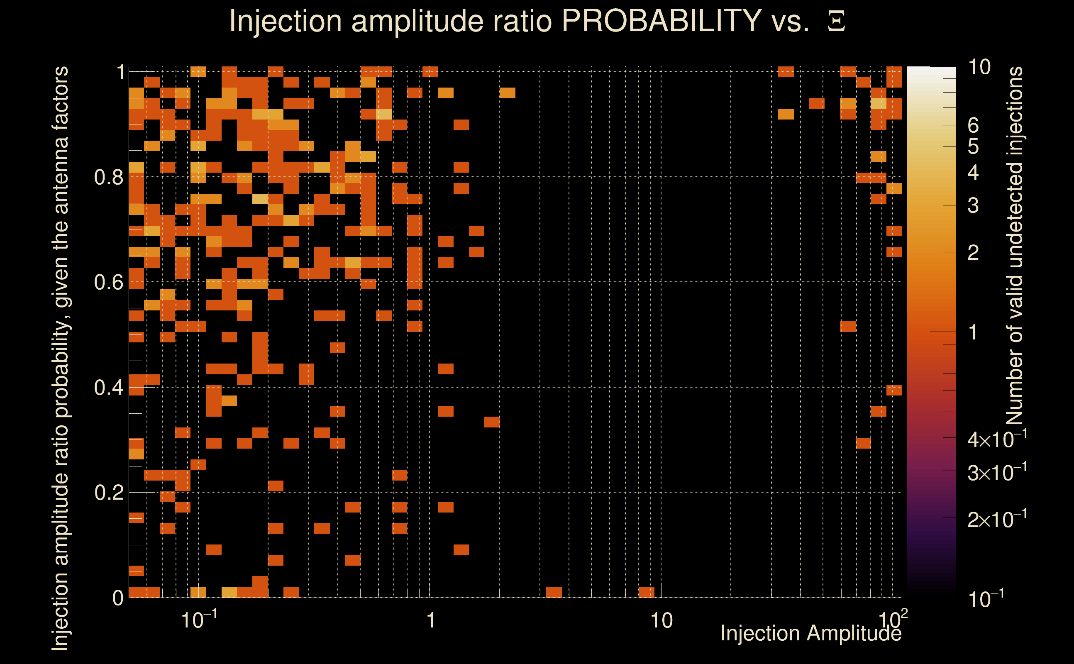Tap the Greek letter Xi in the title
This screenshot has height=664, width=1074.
point(836,22)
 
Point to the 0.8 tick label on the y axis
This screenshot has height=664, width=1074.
point(109,178)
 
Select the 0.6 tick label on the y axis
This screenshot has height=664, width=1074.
point(109,282)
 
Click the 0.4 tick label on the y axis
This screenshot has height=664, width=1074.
point(109,388)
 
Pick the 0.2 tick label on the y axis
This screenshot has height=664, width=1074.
point(109,493)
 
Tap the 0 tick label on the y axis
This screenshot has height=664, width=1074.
point(118,598)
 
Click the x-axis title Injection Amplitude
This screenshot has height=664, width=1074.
point(811,633)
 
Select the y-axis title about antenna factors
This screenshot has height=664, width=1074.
point(60,358)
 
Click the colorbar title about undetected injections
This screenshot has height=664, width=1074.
point(1014,246)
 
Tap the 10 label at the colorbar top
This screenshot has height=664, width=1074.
point(979,67)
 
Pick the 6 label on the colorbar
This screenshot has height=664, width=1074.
point(973,126)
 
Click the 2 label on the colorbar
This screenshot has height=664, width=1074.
point(973,252)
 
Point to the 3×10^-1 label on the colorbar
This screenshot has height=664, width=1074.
point(997,473)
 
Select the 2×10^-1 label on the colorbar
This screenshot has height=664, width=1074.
point(997,519)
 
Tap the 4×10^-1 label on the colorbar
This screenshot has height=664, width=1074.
point(997,439)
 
